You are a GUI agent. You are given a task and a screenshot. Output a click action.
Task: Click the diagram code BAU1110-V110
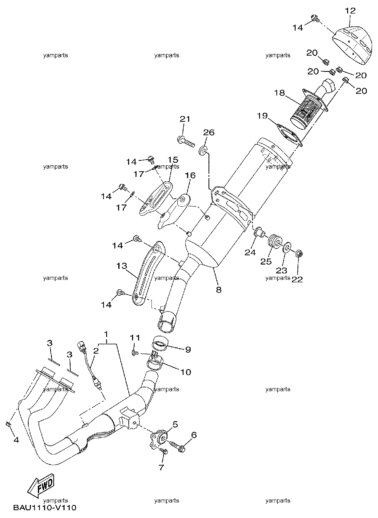[x=44, y=508]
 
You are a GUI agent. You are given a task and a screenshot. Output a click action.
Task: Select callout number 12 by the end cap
[x=350, y=11]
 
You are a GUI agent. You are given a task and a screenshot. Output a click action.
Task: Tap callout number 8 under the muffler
[x=218, y=289]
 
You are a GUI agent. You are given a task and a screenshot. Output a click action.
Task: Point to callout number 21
[x=185, y=119]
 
